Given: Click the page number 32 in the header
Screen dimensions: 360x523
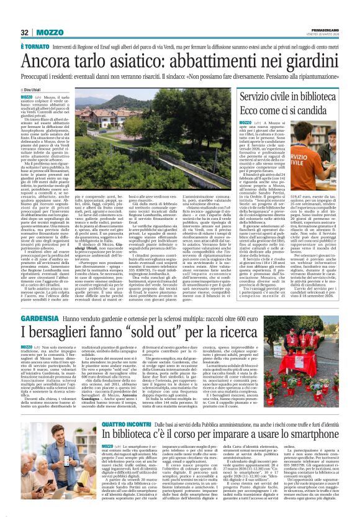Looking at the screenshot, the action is (24, 32).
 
